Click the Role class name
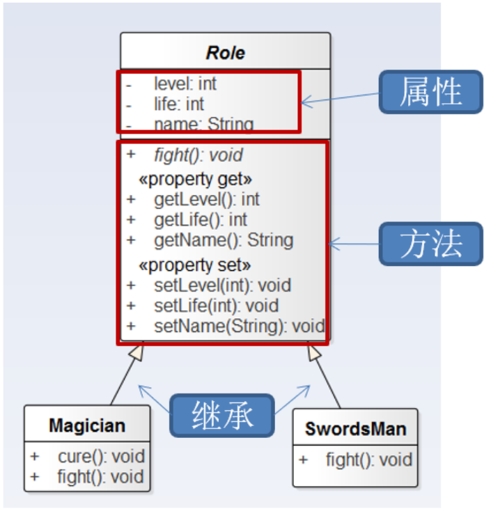[x=225, y=53]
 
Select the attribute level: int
[x=185, y=84]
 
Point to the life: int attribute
[x=178, y=104]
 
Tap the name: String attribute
[x=203, y=124]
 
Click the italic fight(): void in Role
[x=198, y=155]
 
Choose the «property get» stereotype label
[x=195, y=179]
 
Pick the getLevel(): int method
[x=206, y=199]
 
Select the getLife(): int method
[x=200, y=220]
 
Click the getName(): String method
[x=223, y=240]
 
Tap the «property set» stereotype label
[x=194, y=265]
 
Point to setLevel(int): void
[x=221, y=285]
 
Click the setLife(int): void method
[x=215, y=306]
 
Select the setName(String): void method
[x=239, y=326]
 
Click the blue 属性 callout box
[x=430, y=91]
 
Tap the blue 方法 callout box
[x=430, y=244]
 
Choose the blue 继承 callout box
[x=223, y=415]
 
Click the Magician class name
[x=87, y=425]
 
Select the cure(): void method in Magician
[x=101, y=457]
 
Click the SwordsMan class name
[x=355, y=428]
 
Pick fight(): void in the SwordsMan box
[x=368, y=460]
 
